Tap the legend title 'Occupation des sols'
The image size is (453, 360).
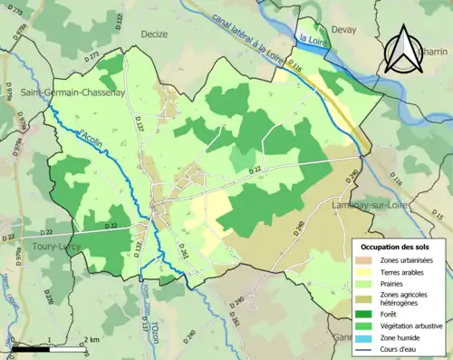tap(396, 247)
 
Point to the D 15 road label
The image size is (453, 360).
tap(434, 219)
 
